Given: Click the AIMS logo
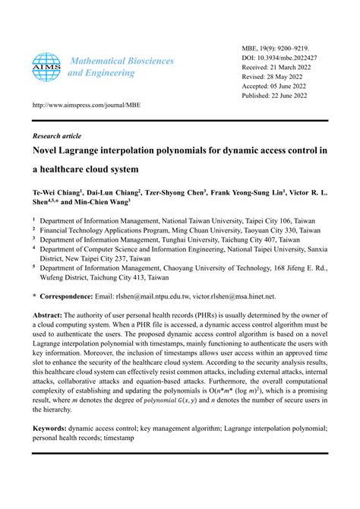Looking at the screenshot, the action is click(46, 67).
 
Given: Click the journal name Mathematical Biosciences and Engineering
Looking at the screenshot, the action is click(121, 67).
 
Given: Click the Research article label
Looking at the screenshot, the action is click(57, 135).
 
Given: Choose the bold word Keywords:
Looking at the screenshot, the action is click(52, 428).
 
